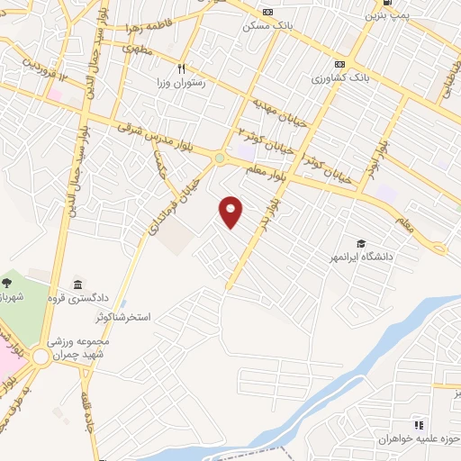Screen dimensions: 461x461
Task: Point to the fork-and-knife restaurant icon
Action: (181, 68)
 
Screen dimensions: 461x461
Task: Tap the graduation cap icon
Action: (361, 243)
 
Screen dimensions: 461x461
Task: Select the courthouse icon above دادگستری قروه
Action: (77, 285)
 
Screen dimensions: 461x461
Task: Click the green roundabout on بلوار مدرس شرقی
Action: (220, 158)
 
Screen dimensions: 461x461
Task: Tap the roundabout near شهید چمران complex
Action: (41, 357)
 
